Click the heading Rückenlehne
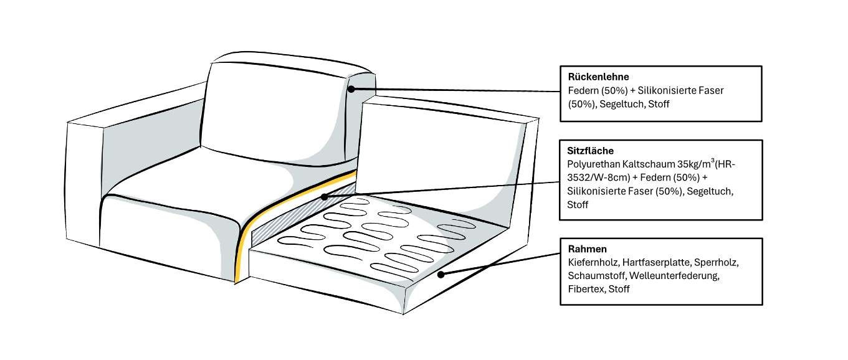(x=594, y=77)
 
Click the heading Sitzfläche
(x=591, y=151)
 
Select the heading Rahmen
(x=587, y=249)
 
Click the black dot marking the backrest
(x=351, y=89)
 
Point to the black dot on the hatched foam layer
(x=324, y=197)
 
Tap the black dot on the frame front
(x=441, y=274)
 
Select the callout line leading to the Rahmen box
(x=498, y=264)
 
